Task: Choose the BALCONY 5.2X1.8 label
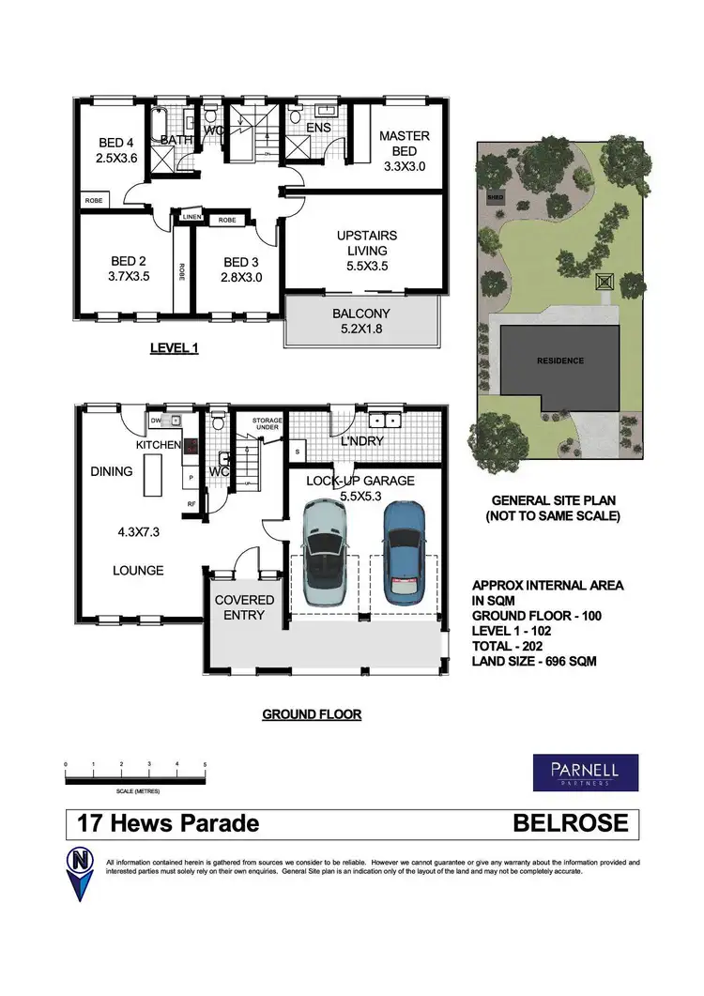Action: coord(360,322)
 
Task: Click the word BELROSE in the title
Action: coord(571,824)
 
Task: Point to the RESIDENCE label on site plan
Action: coord(559,360)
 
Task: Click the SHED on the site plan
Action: coord(494,199)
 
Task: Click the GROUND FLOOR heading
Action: coord(311,714)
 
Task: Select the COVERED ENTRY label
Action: coord(244,607)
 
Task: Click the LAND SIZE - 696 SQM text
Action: coord(533,661)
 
